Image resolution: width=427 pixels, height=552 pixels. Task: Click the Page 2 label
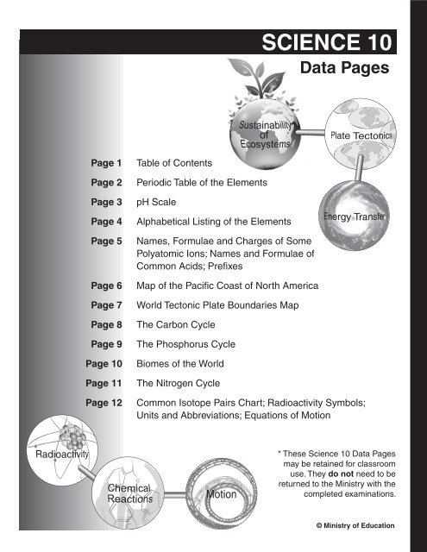coord(107,183)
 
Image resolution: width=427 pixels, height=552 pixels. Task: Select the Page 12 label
coord(104,402)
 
